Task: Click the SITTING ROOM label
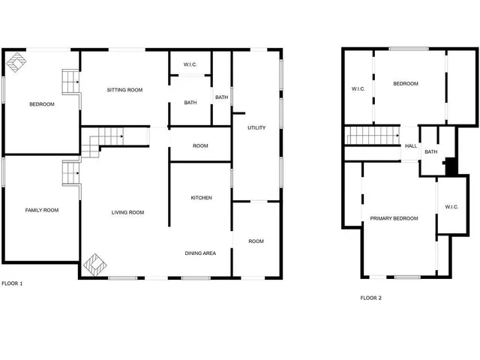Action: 124,90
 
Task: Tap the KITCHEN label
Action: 201,198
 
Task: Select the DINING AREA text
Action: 200,253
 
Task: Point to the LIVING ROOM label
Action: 127,212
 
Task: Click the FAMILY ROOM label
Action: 41,210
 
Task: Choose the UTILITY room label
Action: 256,128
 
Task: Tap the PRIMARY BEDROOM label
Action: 394,218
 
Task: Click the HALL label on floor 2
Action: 411,146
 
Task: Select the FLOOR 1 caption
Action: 12,283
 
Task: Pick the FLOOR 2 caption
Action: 370,298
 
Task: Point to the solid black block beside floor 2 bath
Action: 450,166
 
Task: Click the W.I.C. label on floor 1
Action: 190,65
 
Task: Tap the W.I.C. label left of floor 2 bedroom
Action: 358,89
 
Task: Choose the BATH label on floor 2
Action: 431,152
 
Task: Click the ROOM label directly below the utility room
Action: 256,241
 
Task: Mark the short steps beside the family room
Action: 70,173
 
